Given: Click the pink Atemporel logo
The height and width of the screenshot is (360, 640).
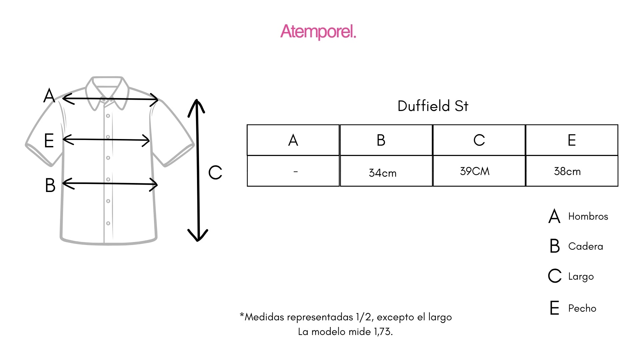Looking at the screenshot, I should [x=318, y=32].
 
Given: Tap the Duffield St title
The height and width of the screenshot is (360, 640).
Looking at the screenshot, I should [x=433, y=106].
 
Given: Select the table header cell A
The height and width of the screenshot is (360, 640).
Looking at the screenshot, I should [x=293, y=140].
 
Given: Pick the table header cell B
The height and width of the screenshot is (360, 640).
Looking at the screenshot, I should [x=381, y=140].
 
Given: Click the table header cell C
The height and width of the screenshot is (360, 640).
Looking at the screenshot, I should [x=479, y=140].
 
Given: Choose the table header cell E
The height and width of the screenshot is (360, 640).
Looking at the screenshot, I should [x=572, y=140].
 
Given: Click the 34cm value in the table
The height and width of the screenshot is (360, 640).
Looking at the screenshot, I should [x=383, y=173].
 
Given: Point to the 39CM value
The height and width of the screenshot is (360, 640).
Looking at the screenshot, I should [x=475, y=171].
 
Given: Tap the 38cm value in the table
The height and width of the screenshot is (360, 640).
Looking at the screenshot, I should [x=567, y=171].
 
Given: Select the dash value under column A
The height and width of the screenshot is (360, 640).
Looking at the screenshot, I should [x=295, y=172].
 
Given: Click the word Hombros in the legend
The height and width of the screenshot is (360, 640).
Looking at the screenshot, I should [x=588, y=216].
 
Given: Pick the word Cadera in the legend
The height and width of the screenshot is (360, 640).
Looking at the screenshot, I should [x=585, y=246].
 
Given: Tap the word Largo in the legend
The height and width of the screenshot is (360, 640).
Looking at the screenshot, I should [x=581, y=277].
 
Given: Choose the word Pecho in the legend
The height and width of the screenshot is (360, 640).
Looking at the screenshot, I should [x=582, y=308].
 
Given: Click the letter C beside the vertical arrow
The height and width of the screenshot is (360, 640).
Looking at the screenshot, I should [x=215, y=173].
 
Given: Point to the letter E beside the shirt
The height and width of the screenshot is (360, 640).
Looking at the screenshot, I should [x=49, y=140].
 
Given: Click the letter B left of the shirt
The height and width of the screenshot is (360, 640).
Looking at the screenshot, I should [x=50, y=185].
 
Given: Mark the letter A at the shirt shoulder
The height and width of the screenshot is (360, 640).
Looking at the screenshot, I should [x=49, y=96].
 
